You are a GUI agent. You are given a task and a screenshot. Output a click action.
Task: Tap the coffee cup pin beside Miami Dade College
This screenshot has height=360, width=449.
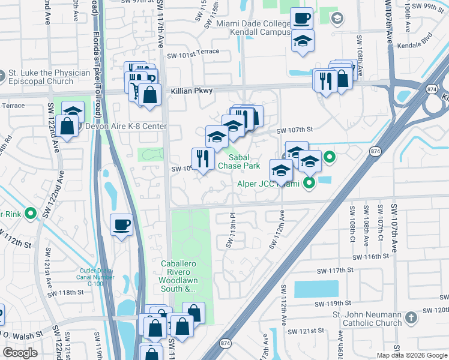(x=301, y=18)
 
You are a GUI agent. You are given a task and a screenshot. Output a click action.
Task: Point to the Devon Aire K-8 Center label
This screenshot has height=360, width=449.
(x=126, y=126)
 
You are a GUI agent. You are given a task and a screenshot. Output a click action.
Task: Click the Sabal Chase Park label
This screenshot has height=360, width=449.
(x=238, y=161)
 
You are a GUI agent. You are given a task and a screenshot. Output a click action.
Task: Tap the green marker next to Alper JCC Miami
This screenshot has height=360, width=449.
(x=309, y=182)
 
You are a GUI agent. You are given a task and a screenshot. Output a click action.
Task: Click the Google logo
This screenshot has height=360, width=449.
(x=20, y=353)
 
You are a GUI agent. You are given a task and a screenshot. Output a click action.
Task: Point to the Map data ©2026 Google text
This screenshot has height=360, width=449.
(x=412, y=355)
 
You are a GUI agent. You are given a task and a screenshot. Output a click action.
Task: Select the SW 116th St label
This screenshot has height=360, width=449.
(x=370, y=256)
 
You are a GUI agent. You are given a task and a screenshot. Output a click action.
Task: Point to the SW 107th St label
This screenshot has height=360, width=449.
(x=295, y=130)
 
